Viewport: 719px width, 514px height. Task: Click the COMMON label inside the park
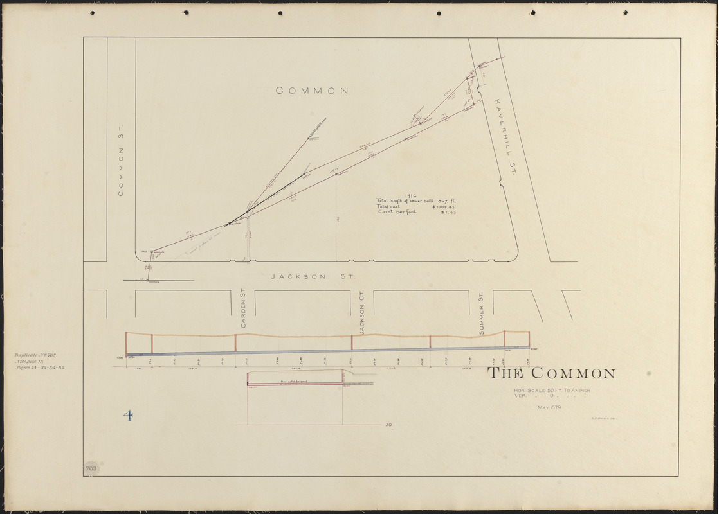(312, 91)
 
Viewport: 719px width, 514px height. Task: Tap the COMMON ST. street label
(120, 161)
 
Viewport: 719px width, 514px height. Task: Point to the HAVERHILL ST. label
(505, 136)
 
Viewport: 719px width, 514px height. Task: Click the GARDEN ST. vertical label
(244, 308)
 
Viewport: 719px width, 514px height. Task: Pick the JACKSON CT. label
(363, 311)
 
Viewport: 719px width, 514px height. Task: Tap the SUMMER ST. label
(481, 312)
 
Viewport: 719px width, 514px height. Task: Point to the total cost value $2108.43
(444, 206)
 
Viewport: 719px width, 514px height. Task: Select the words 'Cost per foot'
(396, 212)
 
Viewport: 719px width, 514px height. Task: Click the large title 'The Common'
(551, 374)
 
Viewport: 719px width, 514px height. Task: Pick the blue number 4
(129, 416)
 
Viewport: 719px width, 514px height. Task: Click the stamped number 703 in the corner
(91, 468)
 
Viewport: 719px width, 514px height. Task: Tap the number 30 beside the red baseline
(388, 425)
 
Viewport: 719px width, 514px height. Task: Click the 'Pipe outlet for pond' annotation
(295, 382)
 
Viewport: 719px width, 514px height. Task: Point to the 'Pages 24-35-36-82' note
(39, 368)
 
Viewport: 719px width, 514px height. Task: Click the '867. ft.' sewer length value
(445, 200)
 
